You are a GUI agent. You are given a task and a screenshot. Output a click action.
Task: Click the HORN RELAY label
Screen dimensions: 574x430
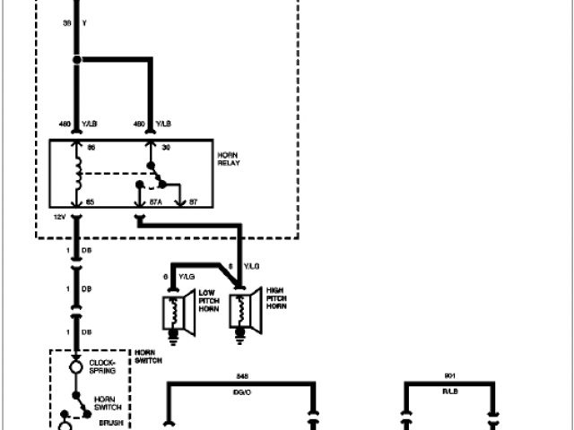pos(228,160)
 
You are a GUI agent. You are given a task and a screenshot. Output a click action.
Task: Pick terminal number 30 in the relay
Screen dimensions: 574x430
pos(165,146)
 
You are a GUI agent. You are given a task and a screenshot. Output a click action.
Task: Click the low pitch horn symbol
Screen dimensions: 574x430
pos(171,310)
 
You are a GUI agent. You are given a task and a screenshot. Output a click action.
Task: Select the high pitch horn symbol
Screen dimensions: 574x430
pos(243,310)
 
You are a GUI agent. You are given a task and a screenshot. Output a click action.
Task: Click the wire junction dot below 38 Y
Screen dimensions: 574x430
pos(78,60)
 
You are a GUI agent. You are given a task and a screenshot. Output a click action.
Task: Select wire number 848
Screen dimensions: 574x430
pos(239,376)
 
